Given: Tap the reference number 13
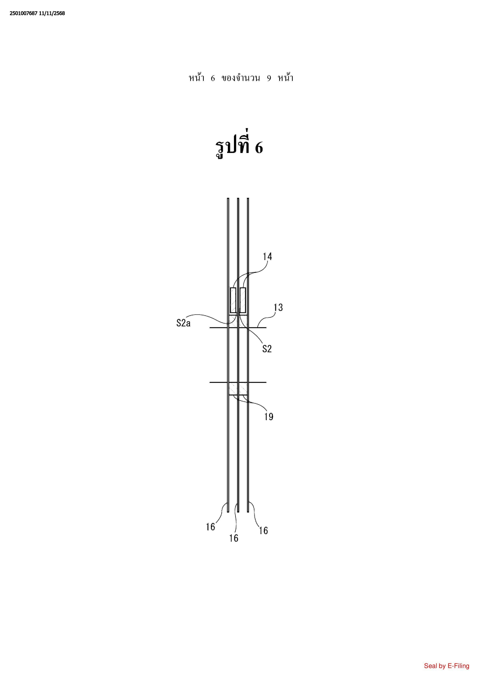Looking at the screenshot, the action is (278, 307).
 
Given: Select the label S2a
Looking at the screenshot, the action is (183, 323).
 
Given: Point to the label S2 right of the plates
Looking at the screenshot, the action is (267, 349).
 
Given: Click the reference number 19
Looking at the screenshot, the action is (269, 417).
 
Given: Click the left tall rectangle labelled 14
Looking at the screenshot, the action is (233, 300).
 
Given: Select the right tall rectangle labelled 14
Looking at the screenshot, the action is (243, 300).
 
